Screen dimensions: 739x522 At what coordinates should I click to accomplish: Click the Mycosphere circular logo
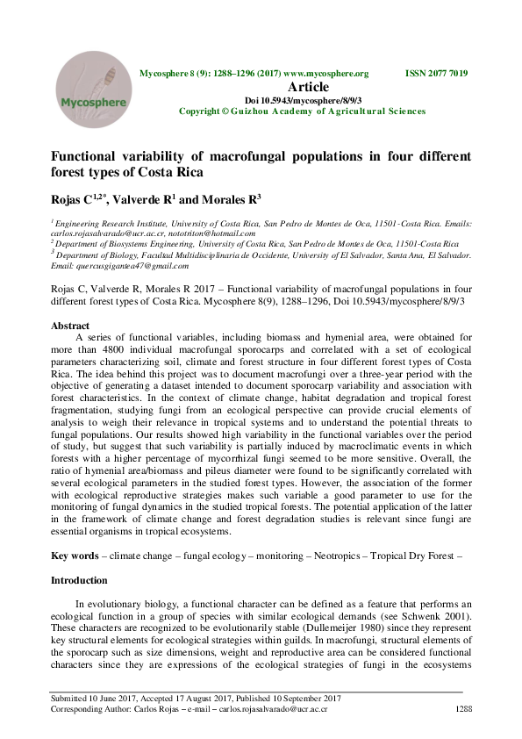click(x=87, y=90)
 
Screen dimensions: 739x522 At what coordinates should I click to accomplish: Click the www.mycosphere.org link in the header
click(x=325, y=74)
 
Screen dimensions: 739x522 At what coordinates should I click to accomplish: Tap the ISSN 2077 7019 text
click(x=436, y=74)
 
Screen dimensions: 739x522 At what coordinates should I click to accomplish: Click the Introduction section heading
click(x=79, y=581)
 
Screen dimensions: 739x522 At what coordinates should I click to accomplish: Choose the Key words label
click(x=74, y=556)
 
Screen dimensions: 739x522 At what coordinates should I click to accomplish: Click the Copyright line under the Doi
click(x=303, y=111)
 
